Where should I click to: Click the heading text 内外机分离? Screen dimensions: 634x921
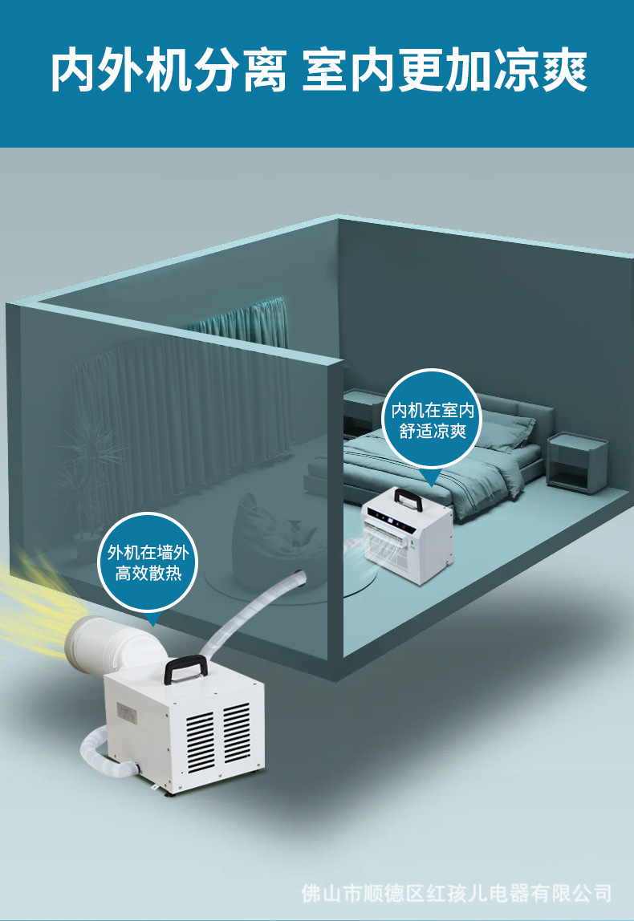(169, 72)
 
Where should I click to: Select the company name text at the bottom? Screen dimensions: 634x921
(456, 892)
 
